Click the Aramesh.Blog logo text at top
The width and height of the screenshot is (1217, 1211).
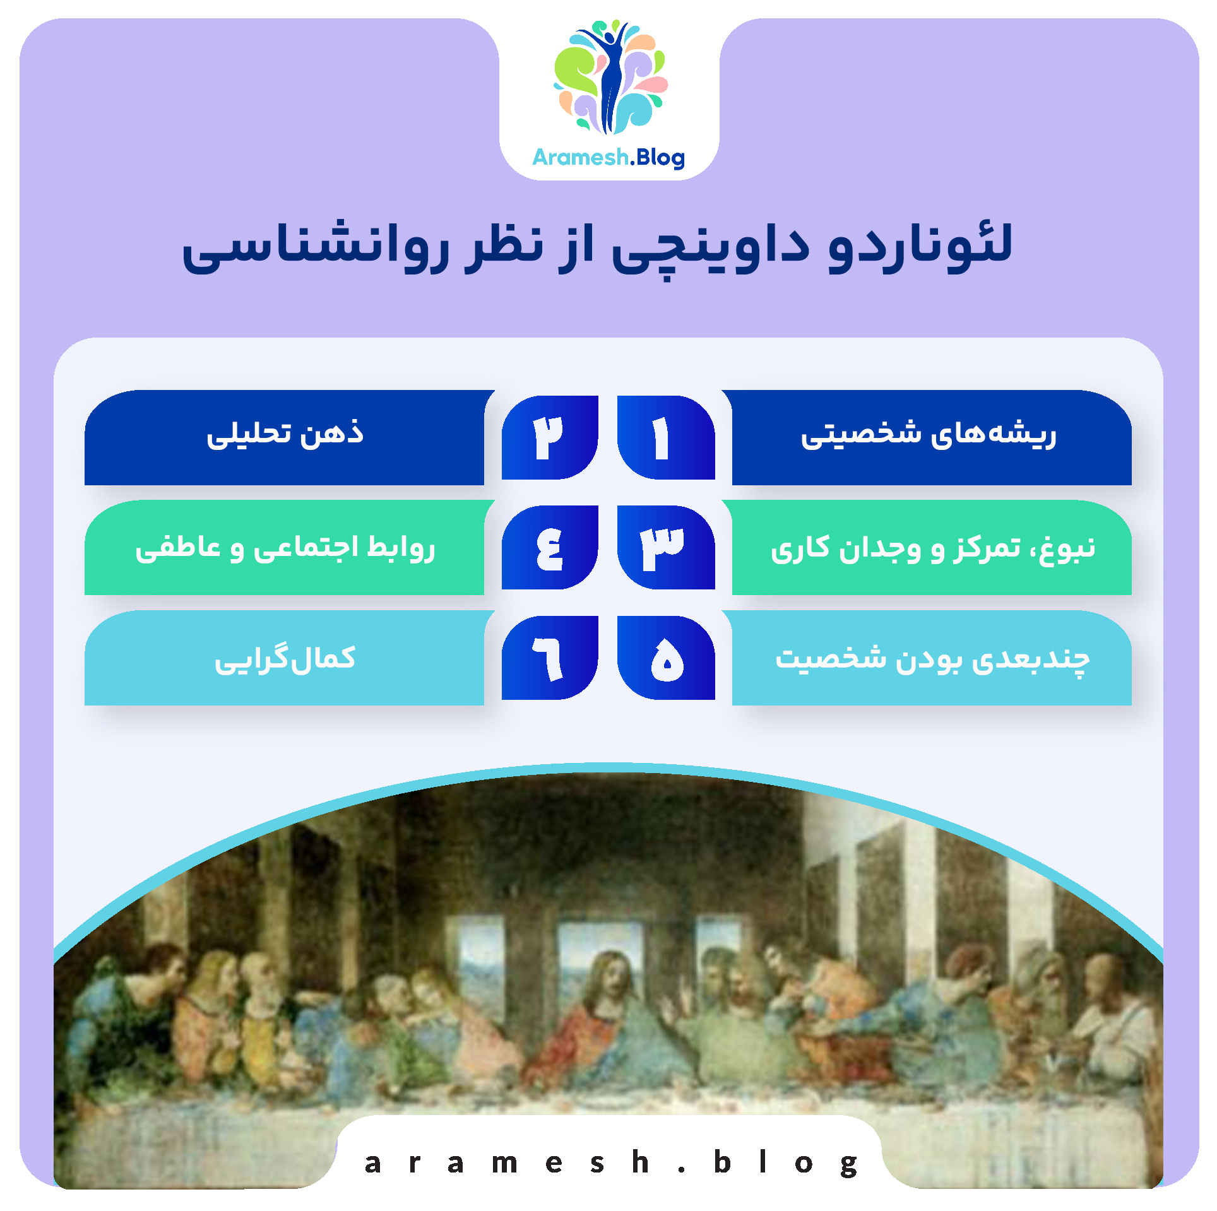click(x=608, y=157)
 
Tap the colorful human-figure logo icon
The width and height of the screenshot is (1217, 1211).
click(x=610, y=77)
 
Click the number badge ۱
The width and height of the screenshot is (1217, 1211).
click(x=665, y=437)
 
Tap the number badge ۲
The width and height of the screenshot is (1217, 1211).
click(x=550, y=437)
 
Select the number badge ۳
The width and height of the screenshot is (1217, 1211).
click(x=665, y=547)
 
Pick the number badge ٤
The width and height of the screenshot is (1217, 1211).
click(x=550, y=547)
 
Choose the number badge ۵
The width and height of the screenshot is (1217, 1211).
click(x=665, y=658)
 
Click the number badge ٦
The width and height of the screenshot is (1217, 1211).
click(x=550, y=658)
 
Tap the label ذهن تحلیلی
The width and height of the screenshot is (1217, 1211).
click(x=285, y=435)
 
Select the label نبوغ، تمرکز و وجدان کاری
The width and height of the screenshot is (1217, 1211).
click(x=932, y=548)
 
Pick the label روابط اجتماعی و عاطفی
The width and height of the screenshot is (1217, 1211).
click(x=285, y=548)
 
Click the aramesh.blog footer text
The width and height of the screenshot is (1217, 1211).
click(x=610, y=1162)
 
